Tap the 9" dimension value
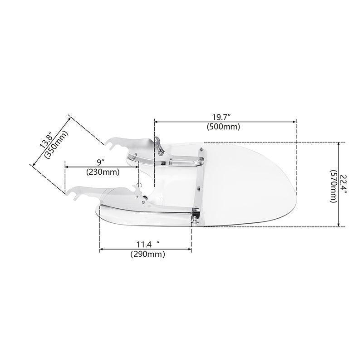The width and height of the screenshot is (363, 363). point(101,162)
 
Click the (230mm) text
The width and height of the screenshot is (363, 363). point(103,172)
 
